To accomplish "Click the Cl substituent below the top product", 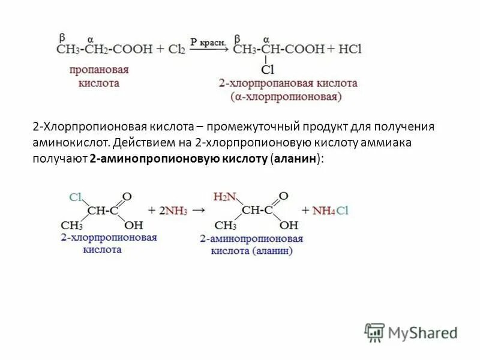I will [268, 70].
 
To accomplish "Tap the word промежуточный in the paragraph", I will [256, 128].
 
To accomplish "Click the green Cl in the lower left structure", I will [76, 196].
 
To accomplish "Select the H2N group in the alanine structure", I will [225, 196].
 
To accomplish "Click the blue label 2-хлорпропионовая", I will [109, 238].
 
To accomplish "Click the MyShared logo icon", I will [374, 332].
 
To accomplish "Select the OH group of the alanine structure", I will [289, 226].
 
